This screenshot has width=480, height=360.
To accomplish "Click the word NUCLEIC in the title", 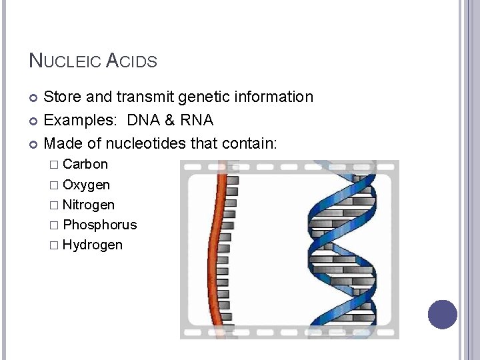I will point(65,61).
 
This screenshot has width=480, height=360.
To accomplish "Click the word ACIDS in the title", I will point(131,61).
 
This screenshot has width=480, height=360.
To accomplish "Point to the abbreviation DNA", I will point(145,121).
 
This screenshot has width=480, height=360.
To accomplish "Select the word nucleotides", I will point(141,143).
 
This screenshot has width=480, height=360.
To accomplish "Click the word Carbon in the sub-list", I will point(85,164).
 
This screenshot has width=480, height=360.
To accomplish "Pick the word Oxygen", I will point(86,185).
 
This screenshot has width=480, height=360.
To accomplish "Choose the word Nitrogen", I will point(88,205).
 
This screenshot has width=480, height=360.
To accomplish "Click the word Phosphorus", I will point(99,225).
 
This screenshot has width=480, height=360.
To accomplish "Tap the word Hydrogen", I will point(92,245).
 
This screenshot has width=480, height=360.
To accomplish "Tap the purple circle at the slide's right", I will point(443,314).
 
